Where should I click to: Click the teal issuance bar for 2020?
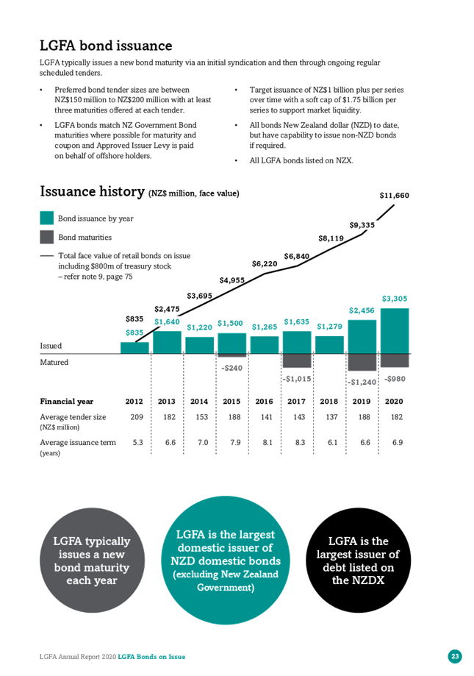[395, 331]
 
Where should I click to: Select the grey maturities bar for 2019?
[362, 362]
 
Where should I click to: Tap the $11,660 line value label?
[395, 196]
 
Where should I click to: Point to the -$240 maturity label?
[231, 368]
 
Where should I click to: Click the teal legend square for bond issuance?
[46, 218]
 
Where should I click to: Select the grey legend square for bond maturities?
[46, 237]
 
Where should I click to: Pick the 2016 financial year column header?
[265, 402]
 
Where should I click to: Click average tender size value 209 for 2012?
[137, 417]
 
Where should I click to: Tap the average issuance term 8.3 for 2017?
[300, 442]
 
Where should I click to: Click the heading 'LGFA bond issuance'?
[106, 46]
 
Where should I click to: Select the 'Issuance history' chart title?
[92, 191]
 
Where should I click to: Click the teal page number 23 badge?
[455, 656]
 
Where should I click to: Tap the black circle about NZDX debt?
[358, 560]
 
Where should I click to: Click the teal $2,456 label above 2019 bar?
[362, 310]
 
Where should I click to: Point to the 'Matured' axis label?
[54, 362]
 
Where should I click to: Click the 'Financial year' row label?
[67, 402]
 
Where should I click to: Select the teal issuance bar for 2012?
[134, 348]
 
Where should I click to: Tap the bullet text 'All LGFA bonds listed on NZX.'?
[301, 160]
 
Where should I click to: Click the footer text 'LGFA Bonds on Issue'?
[151, 657]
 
